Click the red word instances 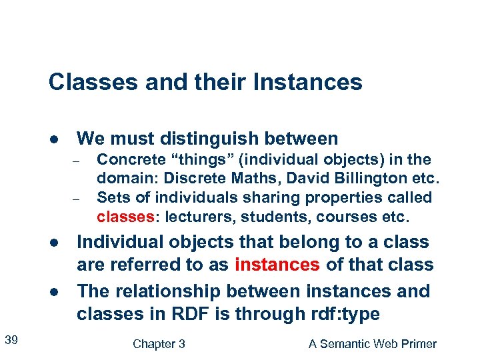click(277, 265)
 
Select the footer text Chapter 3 click(159, 344)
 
